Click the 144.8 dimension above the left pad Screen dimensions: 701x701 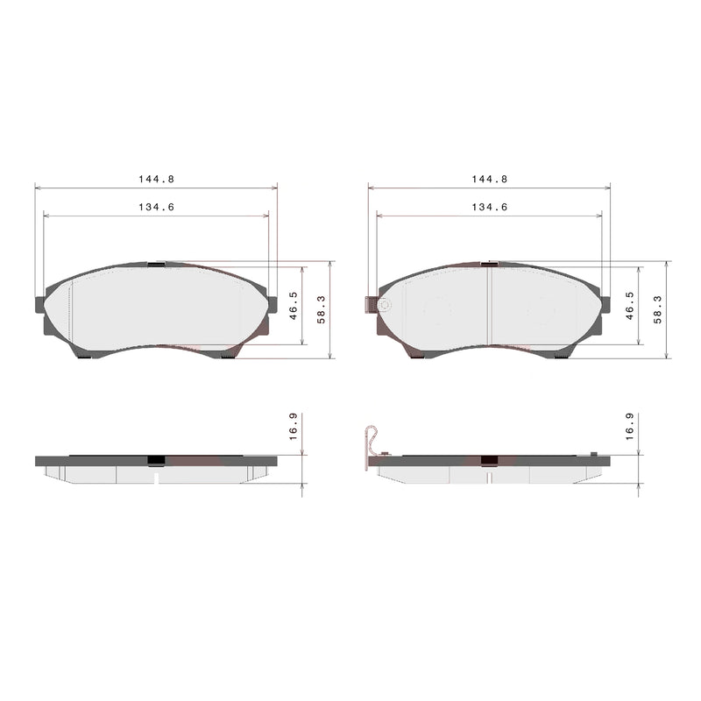(x=156, y=179)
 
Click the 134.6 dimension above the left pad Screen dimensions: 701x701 (x=156, y=208)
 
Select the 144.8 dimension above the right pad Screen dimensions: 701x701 (x=490, y=179)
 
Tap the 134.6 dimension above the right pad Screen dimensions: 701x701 (x=490, y=208)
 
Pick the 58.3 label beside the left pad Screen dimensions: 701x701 (x=321, y=309)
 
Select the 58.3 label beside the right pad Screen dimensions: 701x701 (x=656, y=309)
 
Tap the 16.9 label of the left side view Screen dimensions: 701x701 (x=293, y=427)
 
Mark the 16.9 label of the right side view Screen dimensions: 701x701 (x=628, y=427)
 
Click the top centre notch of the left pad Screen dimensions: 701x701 (x=156, y=263)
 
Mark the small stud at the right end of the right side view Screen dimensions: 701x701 (x=593, y=453)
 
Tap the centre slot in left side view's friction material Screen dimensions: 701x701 (x=156, y=477)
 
